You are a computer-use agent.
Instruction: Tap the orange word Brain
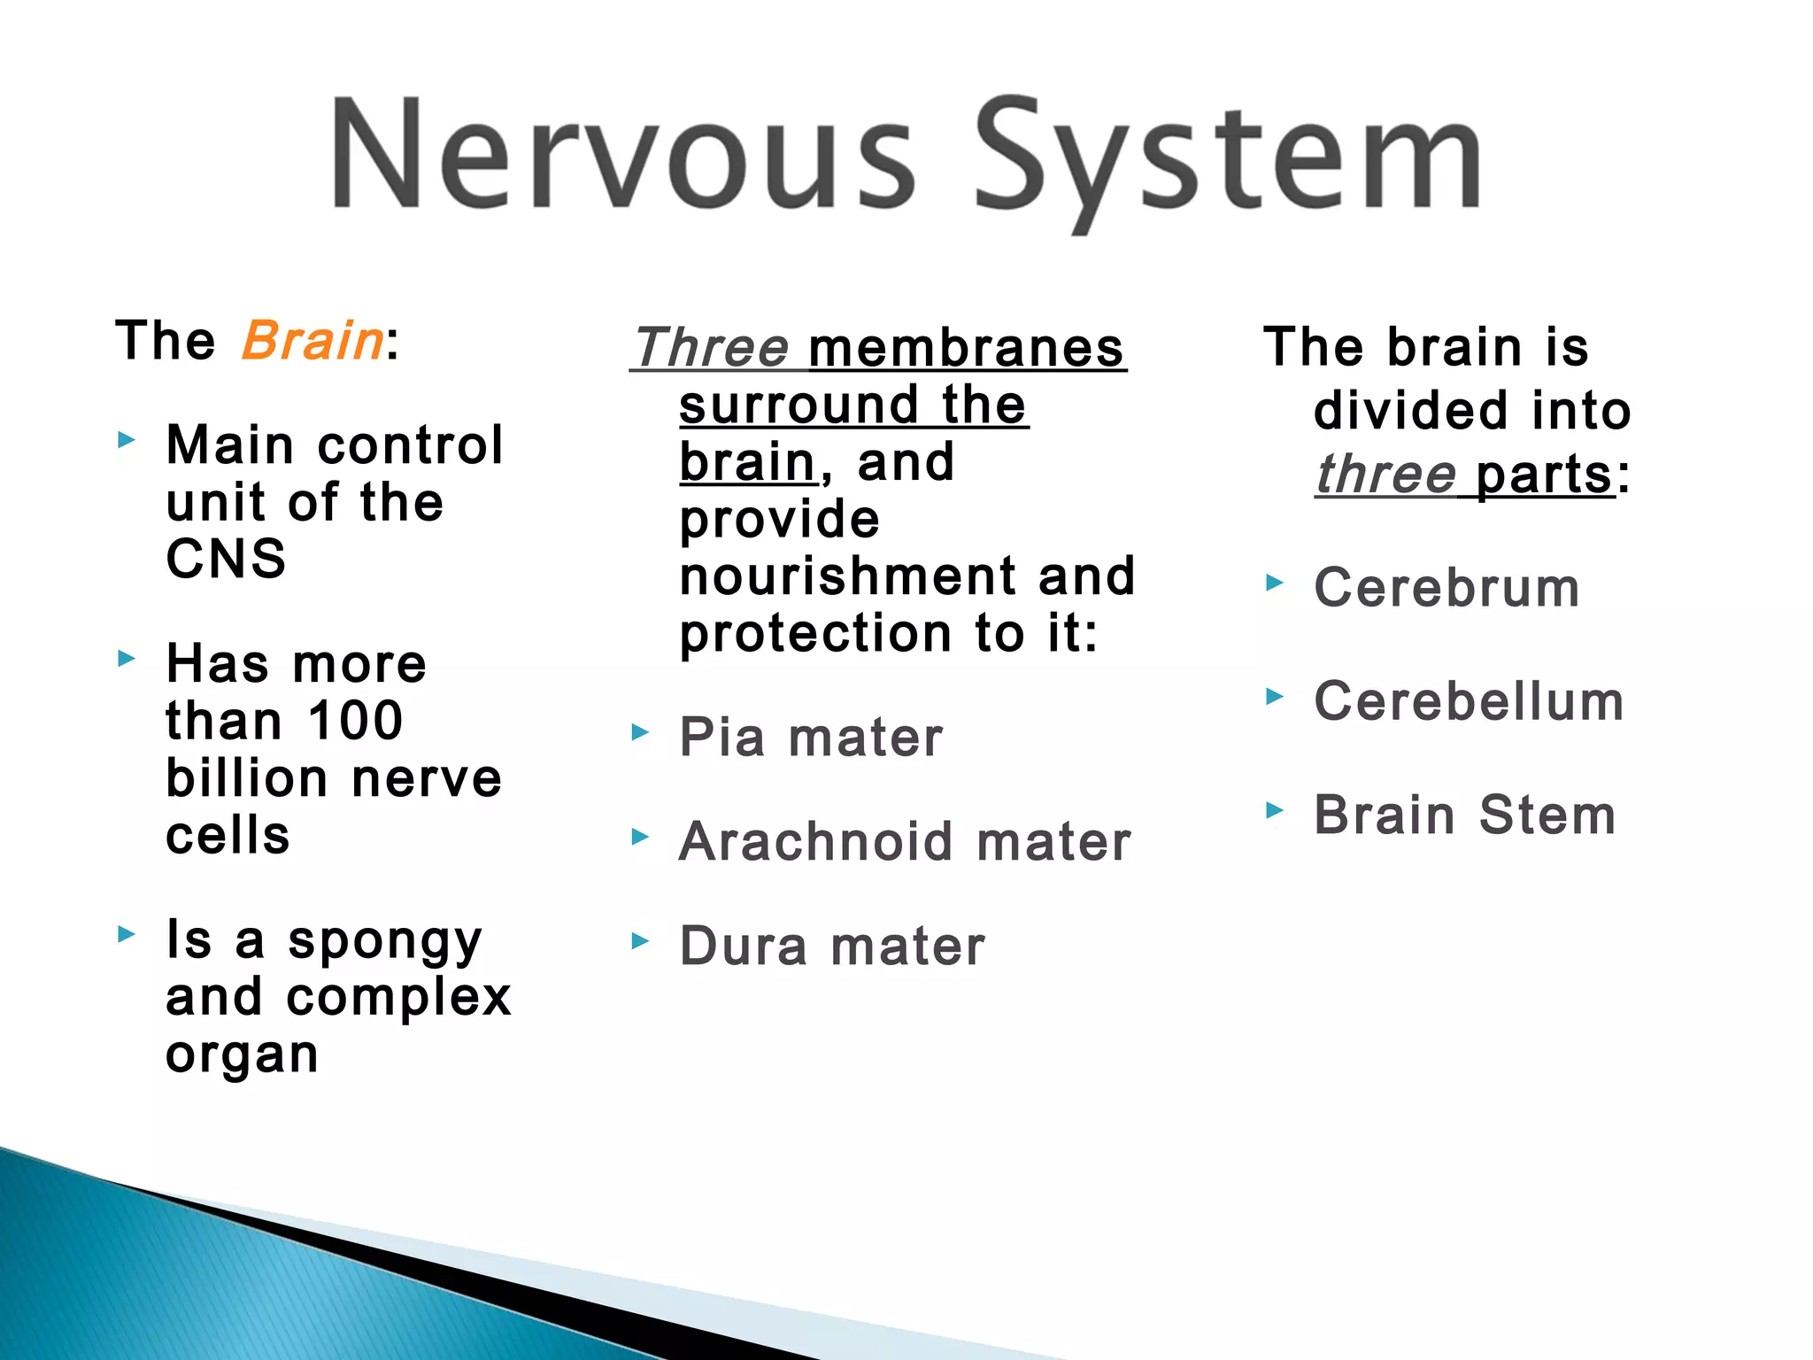pos(312,341)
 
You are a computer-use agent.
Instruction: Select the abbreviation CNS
pos(227,559)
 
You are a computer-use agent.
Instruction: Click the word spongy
pos(385,941)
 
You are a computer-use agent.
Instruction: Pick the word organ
pos(242,1055)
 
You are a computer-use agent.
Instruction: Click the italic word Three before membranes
pos(712,347)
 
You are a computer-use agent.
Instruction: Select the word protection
pos(815,634)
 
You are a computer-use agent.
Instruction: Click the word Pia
pos(721,737)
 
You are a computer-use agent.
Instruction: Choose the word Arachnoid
pos(815,841)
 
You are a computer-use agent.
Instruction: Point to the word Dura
pos(744,946)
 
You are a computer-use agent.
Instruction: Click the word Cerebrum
pos(1447,588)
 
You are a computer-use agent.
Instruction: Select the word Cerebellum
pos(1469,701)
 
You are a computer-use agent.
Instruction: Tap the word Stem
pos(1547,815)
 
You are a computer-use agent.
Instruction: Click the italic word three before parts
pos(1385,475)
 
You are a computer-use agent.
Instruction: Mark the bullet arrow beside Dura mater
pos(639,941)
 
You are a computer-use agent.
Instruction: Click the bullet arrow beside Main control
pos(127,439)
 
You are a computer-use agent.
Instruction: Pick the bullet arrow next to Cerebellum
pos(1274,697)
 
